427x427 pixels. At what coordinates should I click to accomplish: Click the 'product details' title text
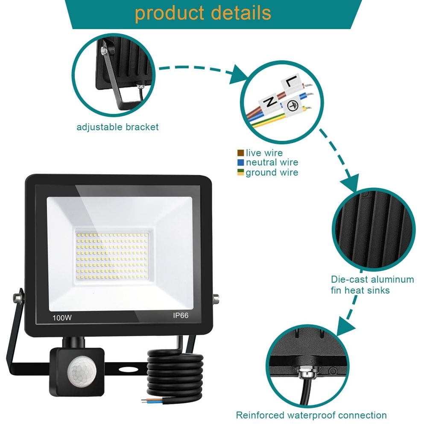[x=203, y=13]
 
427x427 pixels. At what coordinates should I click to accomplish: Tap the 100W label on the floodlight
[x=62, y=318]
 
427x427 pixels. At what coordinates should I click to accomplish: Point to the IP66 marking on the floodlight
[x=181, y=316]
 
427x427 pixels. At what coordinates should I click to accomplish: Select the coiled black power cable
[x=175, y=376]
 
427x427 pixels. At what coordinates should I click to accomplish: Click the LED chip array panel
[x=112, y=256]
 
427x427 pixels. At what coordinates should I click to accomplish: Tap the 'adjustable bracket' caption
[x=117, y=127]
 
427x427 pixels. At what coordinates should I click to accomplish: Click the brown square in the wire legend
[x=240, y=153]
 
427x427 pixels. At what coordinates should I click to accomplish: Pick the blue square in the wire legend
[x=240, y=163]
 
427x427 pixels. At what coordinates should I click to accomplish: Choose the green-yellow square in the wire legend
[x=240, y=173]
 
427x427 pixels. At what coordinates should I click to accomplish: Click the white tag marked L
[x=292, y=82]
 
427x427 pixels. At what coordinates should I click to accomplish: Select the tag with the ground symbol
[x=293, y=106]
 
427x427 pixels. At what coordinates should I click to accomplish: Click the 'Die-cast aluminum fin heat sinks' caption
[x=372, y=285]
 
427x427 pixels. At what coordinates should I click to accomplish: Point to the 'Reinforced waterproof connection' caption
[x=311, y=415]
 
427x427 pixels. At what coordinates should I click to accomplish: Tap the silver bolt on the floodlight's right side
[x=216, y=299]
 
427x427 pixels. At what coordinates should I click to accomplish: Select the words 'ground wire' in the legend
[x=272, y=173]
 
